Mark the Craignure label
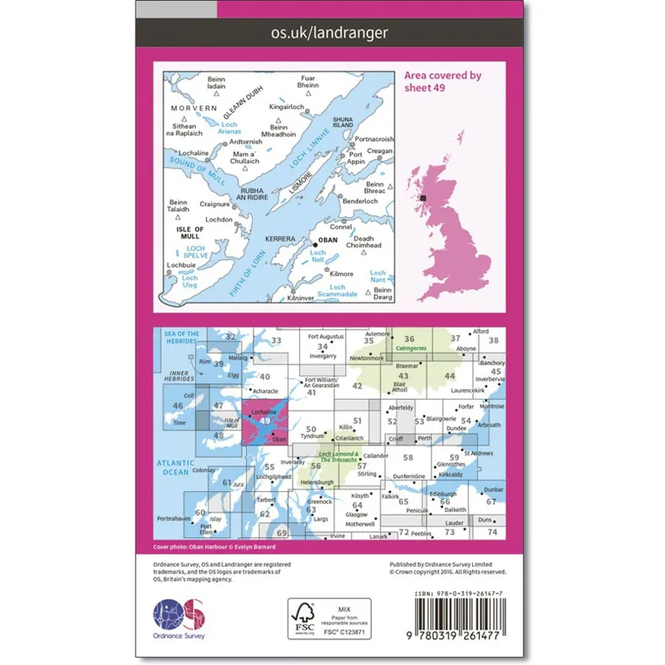pos(214,203)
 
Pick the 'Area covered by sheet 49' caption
pos(442,81)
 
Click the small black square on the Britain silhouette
pos(423,198)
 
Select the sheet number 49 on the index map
pos(264,421)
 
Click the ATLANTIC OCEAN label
pos(175,467)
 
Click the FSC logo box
pos(327,618)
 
